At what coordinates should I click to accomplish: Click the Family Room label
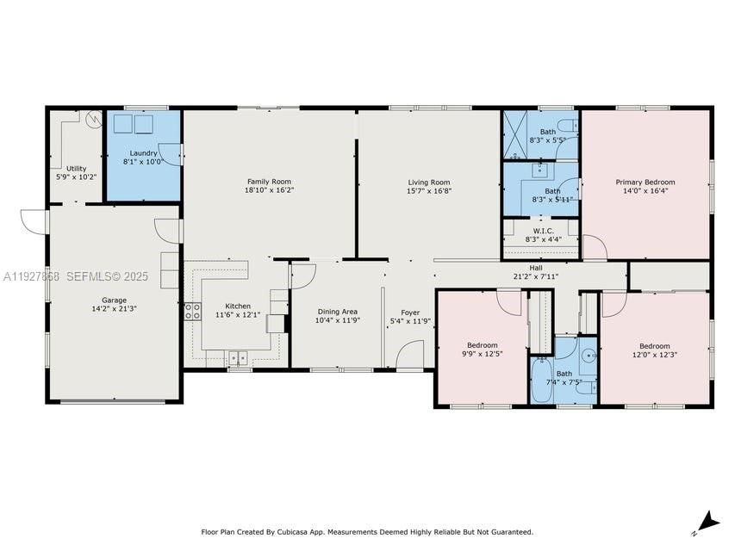coord(269,182)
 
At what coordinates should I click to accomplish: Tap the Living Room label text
coord(428,182)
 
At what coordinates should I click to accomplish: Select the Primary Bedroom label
coord(645,182)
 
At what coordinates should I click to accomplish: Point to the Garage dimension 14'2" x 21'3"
coord(114,309)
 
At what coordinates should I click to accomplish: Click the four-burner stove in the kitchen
coord(192,312)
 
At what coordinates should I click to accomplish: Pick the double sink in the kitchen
coord(237,356)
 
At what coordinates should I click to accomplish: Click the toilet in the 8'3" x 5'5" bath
coord(566,125)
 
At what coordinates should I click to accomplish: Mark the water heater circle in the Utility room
coord(92,121)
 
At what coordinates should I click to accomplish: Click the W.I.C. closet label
coord(543,231)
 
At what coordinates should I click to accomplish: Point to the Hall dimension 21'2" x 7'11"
coord(535,276)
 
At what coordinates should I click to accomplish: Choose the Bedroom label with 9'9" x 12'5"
coord(482,345)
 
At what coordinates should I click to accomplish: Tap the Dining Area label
coord(337,312)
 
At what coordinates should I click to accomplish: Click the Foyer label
coord(409,312)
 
